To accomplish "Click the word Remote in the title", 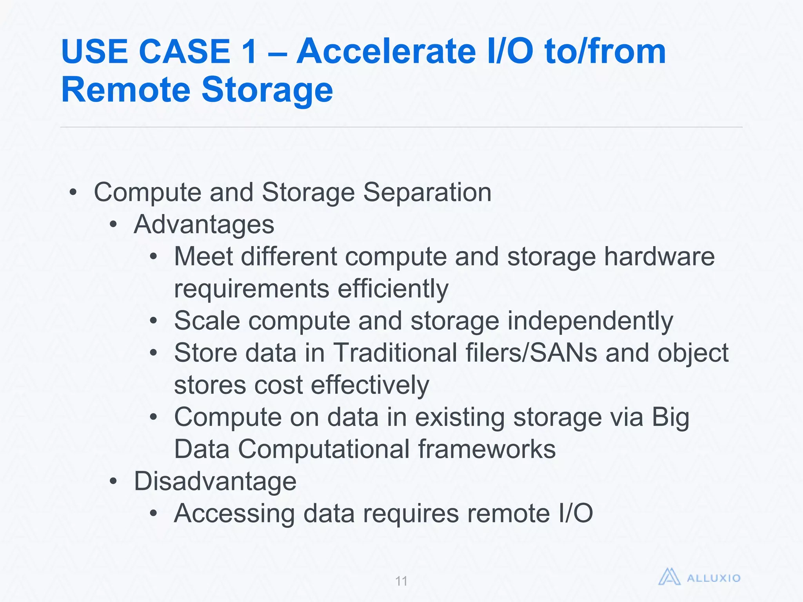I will click(x=126, y=90).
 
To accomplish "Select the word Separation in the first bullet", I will click(x=427, y=192).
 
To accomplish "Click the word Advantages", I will click(x=204, y=225).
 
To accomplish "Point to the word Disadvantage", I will click(x=215, y=481).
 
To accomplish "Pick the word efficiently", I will click(x=393, y=289).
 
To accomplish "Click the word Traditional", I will click(x=395, y=353).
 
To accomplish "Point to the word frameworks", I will click(x=487, y=449).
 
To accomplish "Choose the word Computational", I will click(x=324, y=449).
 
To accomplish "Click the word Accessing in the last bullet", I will click(x=234, y=513).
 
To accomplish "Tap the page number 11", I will click(x=401, y=581).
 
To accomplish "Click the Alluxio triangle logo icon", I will click(x=669, y=577).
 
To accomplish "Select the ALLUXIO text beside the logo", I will click(x=714, y=578).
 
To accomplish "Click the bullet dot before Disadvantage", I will click(x=113, y=482).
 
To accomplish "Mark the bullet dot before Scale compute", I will click(x=154, y=321).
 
